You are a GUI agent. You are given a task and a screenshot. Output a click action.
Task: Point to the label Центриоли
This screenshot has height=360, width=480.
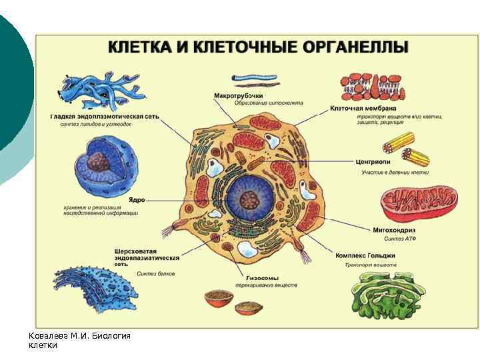pyautogui.click(x=376, y=161)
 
